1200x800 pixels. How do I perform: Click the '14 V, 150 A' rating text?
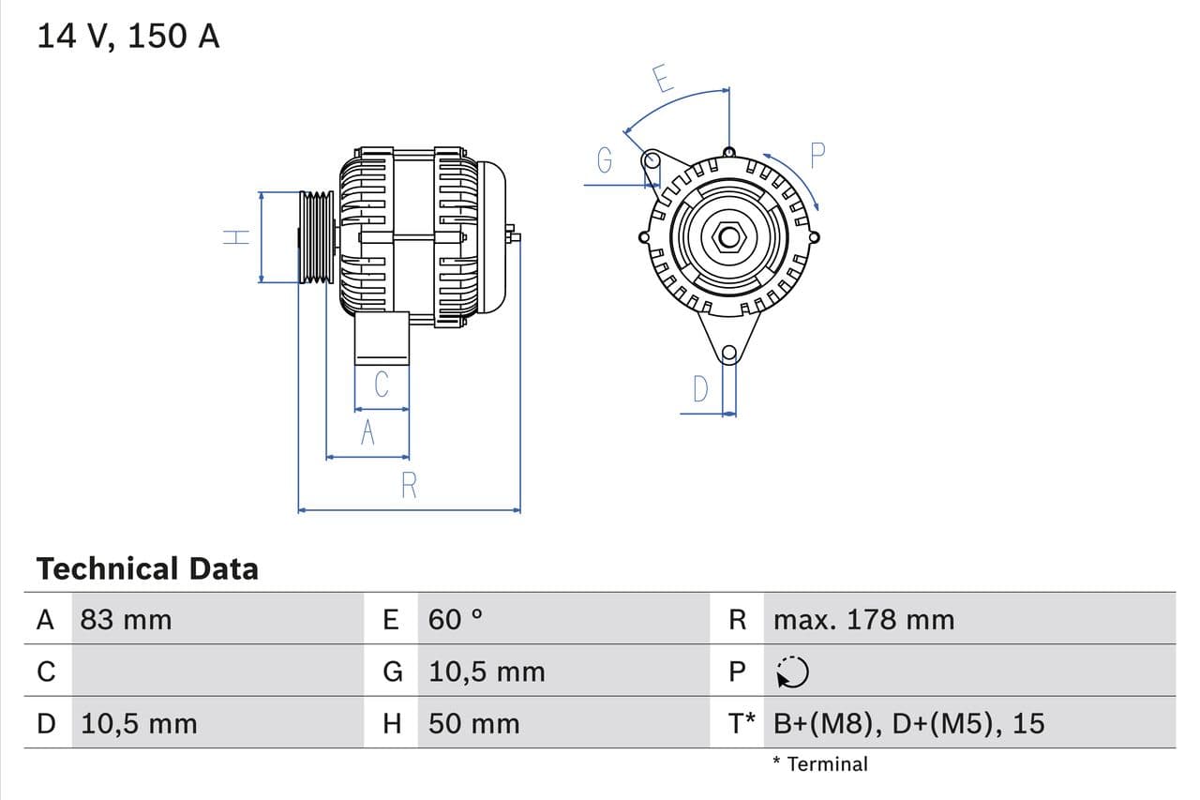pos(128,36)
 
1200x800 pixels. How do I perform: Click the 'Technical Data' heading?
pos(147,568)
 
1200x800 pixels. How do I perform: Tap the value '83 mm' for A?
pos(126,619)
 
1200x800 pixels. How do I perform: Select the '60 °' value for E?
pos(455,619)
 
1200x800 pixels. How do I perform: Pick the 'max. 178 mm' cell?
pos(863,619)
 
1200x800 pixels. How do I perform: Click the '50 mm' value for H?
pos(473,723)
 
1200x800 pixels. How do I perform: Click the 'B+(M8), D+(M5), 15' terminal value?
pos(908,723)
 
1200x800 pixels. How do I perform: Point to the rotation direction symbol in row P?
pos(793,672)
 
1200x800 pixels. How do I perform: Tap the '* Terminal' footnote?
pos(820,763)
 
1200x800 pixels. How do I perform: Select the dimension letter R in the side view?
pos(409,486)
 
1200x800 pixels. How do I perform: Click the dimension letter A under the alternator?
pos(367,433)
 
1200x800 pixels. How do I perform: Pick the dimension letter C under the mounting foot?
pos(382,385)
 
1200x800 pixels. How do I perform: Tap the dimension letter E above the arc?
pos(662,79)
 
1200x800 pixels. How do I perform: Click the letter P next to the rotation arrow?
pos(817,156)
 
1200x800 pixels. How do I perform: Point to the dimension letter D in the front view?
pos(700,388)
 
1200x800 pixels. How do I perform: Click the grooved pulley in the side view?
pos(316,236)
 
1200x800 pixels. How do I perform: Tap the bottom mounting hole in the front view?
pos(729,354)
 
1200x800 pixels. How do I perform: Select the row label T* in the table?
pos(742,723)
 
